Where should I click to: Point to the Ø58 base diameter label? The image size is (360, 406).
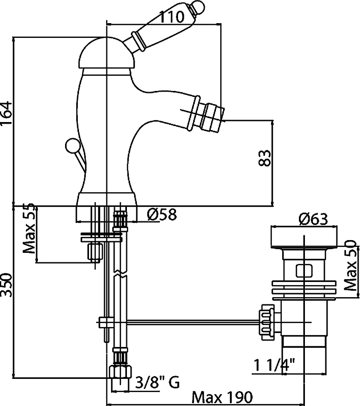[x=161, y=215]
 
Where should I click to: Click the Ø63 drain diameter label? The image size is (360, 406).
[x=313, y=219]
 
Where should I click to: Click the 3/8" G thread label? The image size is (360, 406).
[x=157, y=383]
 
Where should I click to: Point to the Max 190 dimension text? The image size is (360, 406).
[x=222, y=398]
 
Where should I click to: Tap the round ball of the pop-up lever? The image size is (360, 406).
[x=72, y=145]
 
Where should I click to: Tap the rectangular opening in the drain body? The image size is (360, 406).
[x=304, y=270]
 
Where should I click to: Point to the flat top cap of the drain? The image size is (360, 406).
[x=304, y=237]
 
